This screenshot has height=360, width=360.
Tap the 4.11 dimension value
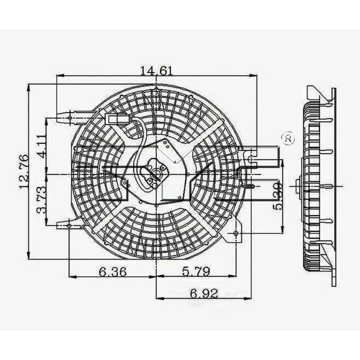click(40, 148)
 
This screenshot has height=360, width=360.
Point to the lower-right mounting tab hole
click(236, 235)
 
